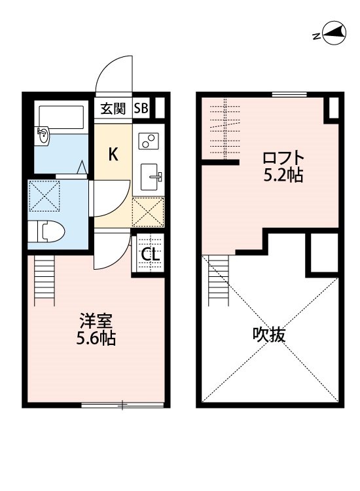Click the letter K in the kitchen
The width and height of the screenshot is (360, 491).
(113, 155)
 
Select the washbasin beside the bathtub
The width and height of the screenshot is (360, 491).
(43, 137)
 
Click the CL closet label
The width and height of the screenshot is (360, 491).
(150, 255)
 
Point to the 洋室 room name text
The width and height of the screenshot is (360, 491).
(97, 320)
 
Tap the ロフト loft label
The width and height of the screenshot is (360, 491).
(283, 158)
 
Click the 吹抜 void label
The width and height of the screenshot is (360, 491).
(269, 335)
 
